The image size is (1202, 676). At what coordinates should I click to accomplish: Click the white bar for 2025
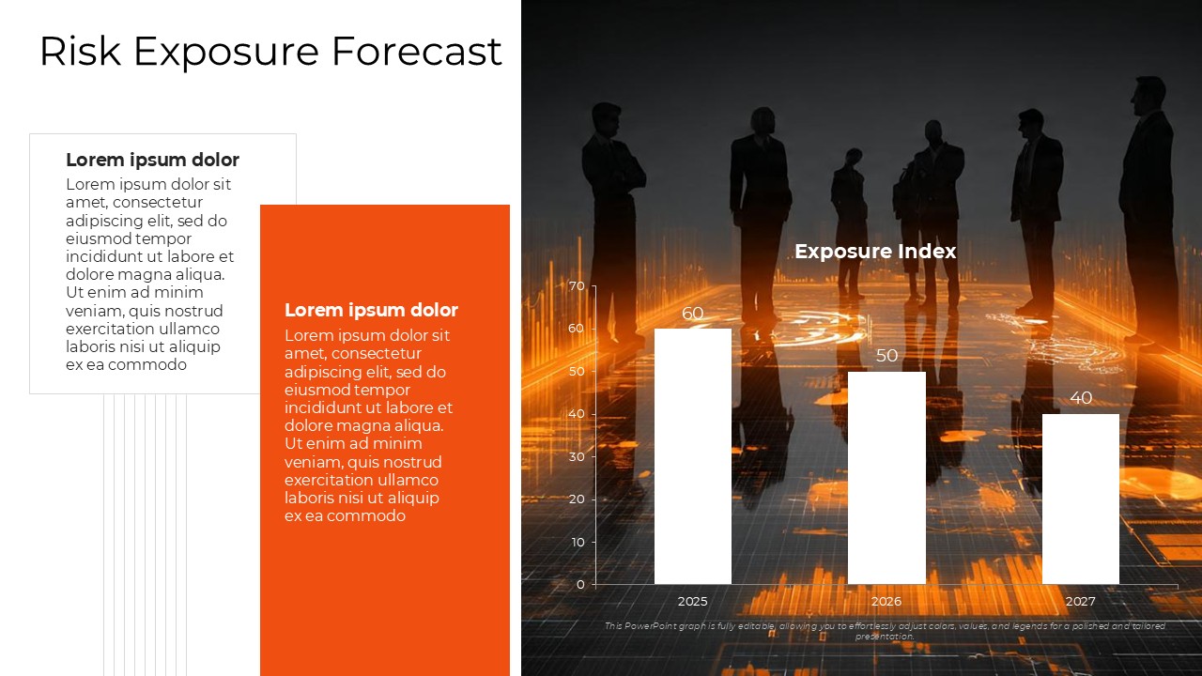(693, 456)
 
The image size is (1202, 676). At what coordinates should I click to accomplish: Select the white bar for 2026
(886, 478)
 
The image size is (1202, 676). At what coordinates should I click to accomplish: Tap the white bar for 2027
(1081, 499)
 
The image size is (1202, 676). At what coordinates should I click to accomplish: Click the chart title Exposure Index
(875, 251)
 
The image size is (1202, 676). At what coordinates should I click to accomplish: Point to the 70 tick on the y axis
(577, 286)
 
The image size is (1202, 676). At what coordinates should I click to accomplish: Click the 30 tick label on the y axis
(577, 456)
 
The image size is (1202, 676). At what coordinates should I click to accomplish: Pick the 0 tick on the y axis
(580, 584)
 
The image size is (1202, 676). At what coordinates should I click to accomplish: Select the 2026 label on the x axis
(886, 602)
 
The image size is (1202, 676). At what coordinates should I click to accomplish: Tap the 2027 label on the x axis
(1081, 602)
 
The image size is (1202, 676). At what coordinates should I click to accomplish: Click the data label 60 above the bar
(693, 313)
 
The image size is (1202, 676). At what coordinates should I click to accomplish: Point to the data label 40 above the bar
(1081, 397)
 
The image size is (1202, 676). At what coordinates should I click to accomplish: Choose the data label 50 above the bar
(886, 355)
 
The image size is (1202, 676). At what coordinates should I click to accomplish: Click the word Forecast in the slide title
(417, 51)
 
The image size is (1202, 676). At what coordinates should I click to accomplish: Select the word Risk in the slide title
(81, 51)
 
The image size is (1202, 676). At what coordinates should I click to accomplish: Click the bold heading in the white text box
(152, 160)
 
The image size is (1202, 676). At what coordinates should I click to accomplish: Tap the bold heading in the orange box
(371, 310)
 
